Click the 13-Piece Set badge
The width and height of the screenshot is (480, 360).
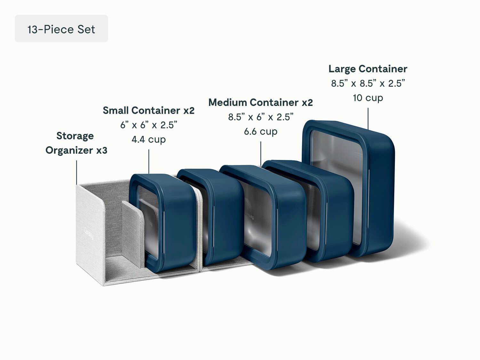(x=61, y=29)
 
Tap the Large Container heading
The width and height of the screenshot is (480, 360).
(x=368, y=69)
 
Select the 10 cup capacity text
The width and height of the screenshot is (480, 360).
(x=368, y=98)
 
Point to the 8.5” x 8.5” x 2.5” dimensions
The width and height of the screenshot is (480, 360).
(x=368, y=83)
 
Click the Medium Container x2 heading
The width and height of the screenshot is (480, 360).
(x=260, y=102)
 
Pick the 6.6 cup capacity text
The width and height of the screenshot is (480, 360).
(x=260, y=131)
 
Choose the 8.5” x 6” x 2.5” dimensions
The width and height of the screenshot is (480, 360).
(x=260, y=117)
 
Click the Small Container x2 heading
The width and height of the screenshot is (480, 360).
(x=148, y=110)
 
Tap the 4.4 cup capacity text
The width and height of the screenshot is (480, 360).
(x=148, y=139)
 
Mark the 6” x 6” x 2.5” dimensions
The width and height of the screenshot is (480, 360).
(x=148, y=125)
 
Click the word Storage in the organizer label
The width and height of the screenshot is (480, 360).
(x=75, y=136)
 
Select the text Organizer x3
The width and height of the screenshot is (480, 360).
(x=76, y=150)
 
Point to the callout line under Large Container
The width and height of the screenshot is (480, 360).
(x=368, y=118)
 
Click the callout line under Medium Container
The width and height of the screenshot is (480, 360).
(x=261, y=154)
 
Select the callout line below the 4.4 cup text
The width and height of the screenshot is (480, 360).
(x=149, y=162)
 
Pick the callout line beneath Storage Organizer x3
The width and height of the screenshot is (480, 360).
(x=76, y=172)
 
